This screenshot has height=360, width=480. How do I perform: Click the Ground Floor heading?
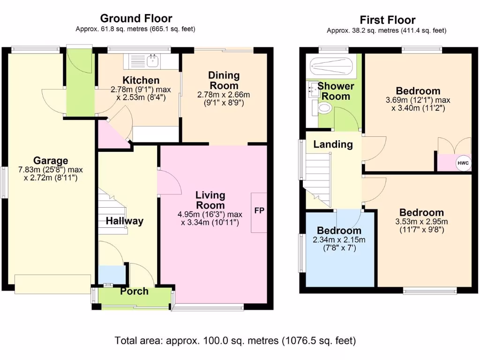136,18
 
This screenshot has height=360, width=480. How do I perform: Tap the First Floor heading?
388,20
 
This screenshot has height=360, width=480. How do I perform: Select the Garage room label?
51,160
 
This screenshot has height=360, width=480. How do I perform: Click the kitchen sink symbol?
152,61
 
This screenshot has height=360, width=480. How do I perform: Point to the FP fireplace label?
259,210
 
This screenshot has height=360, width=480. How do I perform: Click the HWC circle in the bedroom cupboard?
463,163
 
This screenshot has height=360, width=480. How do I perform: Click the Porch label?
134,291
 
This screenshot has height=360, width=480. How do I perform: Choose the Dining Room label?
224,80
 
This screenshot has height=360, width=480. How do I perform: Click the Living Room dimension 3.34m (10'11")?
210,222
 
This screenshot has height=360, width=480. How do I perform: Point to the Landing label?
333,144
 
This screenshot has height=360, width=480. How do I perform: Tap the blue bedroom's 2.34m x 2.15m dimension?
339,240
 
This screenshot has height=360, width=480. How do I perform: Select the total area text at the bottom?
235,340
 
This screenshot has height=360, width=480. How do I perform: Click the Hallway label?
125,221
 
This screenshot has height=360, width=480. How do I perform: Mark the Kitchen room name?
141,80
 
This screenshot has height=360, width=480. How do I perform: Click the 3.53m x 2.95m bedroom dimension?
421,222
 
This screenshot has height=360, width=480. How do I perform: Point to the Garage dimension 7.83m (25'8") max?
51,170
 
